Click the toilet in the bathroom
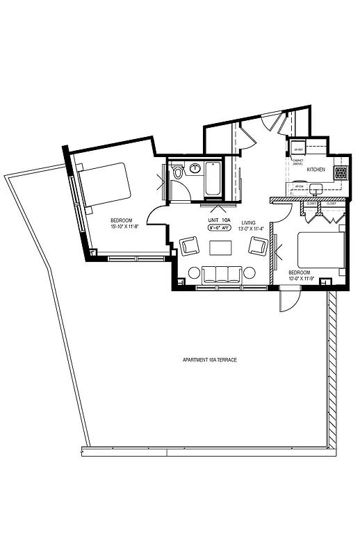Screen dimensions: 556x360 click(179, 171)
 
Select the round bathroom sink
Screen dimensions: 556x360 click(195, 167)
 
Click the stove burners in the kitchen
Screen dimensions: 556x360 click(341, 172)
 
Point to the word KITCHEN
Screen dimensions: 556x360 click(317, 170)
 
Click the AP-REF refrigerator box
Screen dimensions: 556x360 click(298, 149)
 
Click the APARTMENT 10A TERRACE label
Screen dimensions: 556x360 click(208, 360)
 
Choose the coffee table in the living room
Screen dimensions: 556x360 click(221, 247)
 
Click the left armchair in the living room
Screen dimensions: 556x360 click(189, 245)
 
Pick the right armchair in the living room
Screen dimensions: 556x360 click(258, 245)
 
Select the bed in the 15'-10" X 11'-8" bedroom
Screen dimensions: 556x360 click(106, 186)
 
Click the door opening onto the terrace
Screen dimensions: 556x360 click(287, 301)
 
